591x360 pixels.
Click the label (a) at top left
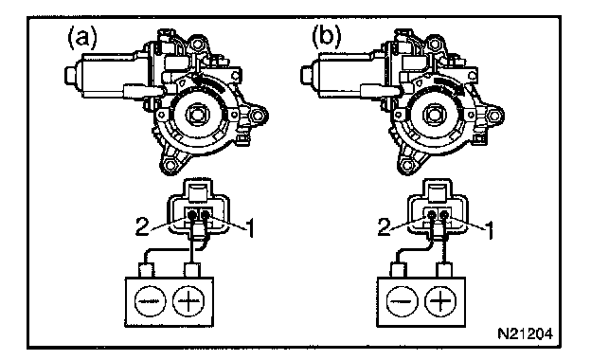[82, 39]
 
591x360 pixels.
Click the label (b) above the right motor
[326, 38]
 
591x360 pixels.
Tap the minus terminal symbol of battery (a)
[150, 301]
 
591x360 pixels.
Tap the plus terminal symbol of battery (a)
[188, 301]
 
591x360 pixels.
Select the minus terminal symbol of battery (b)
[403, 301]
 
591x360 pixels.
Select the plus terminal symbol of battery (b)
[440, 301]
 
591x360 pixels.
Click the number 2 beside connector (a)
[142, 227]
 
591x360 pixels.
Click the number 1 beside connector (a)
[249, 228]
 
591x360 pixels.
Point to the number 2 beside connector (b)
[385, 227]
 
